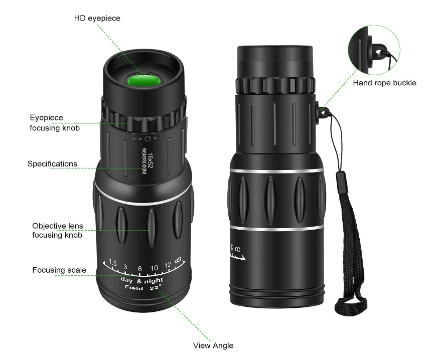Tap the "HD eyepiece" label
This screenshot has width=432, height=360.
click(x=97, y=19)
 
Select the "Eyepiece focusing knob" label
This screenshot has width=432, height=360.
click(x=55, y=123)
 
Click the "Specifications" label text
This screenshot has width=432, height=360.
click(x=52, y=164)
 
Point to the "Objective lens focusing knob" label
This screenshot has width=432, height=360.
click(x=57, y=230)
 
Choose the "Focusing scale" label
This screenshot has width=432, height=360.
click(x=59, y=270)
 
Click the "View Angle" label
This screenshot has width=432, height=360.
click(x=213, y=345)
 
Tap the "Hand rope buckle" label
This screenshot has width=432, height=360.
click(x=385, y=83)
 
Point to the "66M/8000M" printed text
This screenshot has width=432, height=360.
click(x=144, y=161)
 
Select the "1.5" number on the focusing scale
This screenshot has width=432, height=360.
click(x=113, y=262)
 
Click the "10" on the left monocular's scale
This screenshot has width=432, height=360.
click(x=154, y=268)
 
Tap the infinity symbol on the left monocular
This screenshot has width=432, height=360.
click(x=178, y=260)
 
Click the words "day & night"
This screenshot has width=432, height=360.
click(x=142, y=280)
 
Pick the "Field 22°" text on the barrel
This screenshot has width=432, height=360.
click(x=143, y=287)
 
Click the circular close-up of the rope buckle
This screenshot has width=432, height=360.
click(x=374, y=50)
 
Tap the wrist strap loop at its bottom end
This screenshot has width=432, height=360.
click(x=351, y=306)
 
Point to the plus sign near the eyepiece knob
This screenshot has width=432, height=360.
click(x=133, y=138)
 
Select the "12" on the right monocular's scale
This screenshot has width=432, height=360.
click(x=232, y=248)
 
